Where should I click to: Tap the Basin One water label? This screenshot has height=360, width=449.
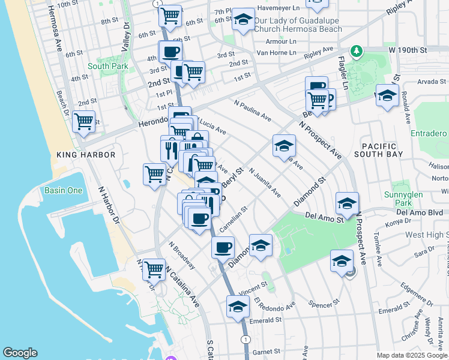(63, 191)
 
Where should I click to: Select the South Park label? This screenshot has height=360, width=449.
(104, 67)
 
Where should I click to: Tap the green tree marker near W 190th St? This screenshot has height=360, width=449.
(357, 51)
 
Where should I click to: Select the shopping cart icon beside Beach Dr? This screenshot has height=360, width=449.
(83, 122)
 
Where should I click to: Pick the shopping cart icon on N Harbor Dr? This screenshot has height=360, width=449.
(154, 269)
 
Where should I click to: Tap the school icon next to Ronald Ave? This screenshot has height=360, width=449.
(387, 96)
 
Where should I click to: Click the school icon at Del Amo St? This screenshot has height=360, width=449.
(347, 204)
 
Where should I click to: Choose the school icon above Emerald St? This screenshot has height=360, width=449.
(238, 307)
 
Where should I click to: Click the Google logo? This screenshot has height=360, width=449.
(20, 353)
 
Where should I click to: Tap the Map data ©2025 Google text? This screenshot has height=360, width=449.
(411, 355)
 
